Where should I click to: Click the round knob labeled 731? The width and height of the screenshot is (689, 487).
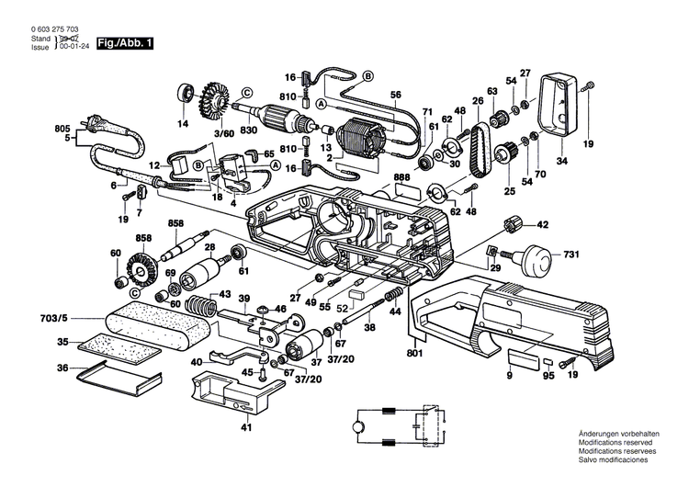pyautogui.click(x=534, y=257)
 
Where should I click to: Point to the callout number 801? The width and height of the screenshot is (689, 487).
pyautogui.click(x=416, y=349)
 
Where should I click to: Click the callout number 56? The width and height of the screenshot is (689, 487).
pyautogui.click(x=396, y=95)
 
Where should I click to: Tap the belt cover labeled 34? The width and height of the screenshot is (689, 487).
pyautogui.click(x=557, y=104)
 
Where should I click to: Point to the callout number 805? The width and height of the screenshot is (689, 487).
pyautogui.click(x=62, y=128)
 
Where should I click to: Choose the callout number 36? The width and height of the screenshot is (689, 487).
pyautogui.click(x=62, y=368)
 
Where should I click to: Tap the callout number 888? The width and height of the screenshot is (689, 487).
pyautogui.click(x=401, y=177)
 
